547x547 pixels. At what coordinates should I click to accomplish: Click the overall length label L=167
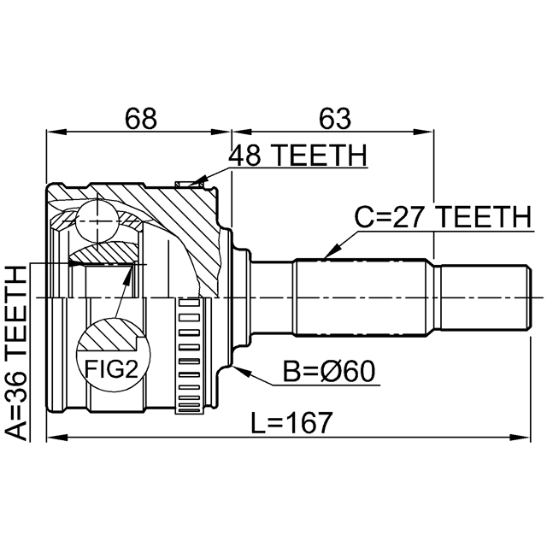[x=291, y=421]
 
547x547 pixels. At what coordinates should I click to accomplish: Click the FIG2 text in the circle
[x=110, y=368]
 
